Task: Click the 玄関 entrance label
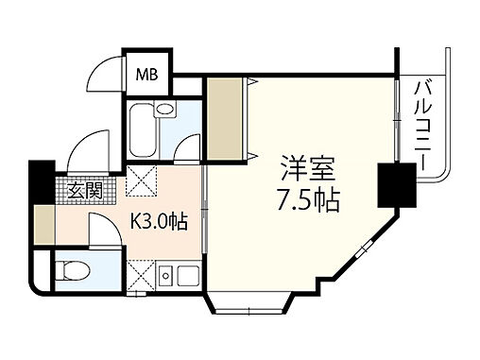85,190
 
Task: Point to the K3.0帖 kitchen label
158,224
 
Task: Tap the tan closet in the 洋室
225,121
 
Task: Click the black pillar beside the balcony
389,185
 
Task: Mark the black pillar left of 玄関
42,180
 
